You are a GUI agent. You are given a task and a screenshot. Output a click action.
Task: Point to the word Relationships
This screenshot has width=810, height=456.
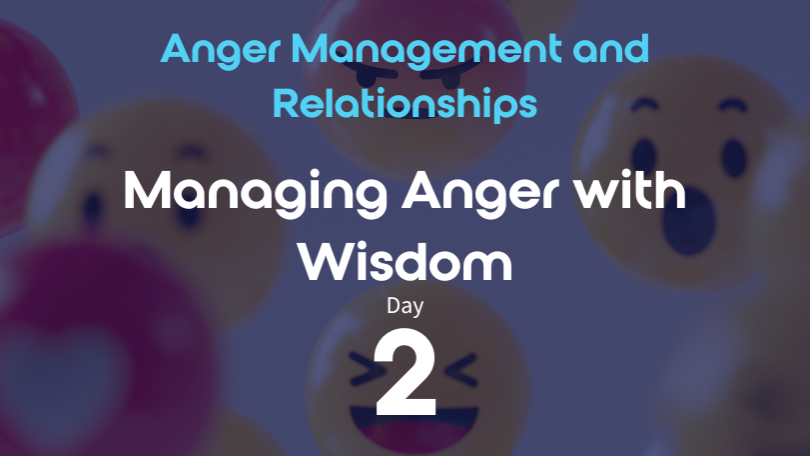[x=405, y=103]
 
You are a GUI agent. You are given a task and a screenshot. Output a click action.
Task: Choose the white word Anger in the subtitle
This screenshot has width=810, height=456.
[x=480, y=192]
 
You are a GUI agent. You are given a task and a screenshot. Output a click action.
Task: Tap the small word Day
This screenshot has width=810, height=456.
[x=405, y=306]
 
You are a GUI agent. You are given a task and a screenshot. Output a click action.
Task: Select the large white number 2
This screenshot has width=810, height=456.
[x=405, y=372]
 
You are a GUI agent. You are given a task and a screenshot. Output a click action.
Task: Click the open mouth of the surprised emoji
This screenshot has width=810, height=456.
[x=689, y=221]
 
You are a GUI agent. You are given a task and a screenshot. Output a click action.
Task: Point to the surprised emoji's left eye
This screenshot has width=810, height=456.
[x=643, y=156]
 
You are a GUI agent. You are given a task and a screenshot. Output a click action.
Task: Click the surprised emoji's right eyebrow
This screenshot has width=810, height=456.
[x=733, y=105]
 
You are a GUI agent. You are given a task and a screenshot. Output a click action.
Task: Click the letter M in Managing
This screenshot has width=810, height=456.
[x=147, y=190]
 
